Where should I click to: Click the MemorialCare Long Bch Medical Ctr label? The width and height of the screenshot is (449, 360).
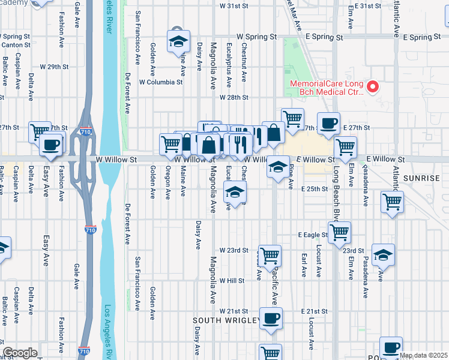(x=327, y=88)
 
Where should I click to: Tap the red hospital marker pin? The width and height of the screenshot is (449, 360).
(x=373, y=88)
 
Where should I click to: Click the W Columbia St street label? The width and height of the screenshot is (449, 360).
(x=161, y=82)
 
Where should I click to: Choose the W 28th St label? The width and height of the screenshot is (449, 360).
(x=234, y=97)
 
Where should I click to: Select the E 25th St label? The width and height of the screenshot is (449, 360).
(x=315, y=188)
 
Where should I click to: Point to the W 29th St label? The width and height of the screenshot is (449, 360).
(x=54, y=66)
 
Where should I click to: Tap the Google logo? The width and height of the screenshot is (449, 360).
(x=20, y=353)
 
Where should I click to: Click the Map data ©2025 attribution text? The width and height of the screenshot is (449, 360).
(x=423, y=355)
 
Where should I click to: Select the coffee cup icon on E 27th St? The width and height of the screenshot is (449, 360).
(x=328, y=123)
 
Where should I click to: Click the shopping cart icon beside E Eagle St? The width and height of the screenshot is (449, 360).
(x=339, y=231)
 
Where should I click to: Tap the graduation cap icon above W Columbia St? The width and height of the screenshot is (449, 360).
(x=178, y=41)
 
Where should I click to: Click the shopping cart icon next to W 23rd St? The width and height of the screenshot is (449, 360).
(x=270, y=255)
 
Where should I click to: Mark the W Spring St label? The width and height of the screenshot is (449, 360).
(x=256, y=37)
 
